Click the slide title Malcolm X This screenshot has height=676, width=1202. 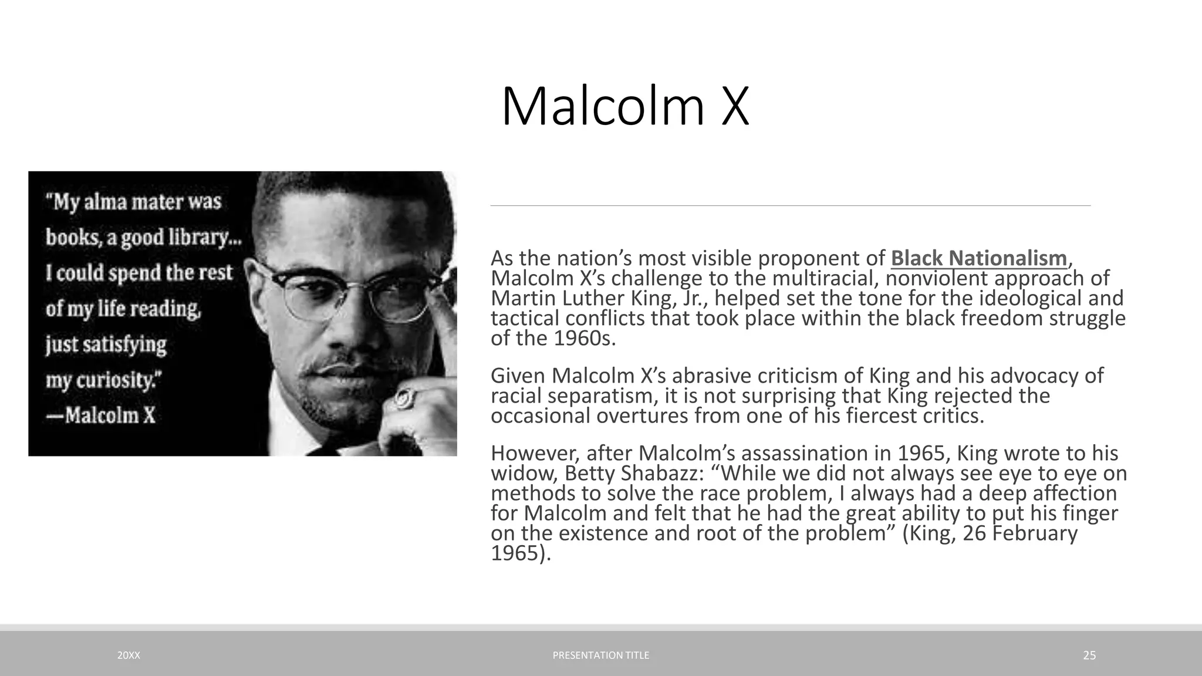pyautogui.click(x=625, y=107)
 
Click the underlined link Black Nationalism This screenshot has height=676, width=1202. pyautogui.click(x=978, y=258)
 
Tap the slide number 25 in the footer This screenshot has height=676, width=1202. pyautogui.click(x=1089, y=655)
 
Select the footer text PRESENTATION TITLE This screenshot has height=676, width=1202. pyautogui.click(x=601, y=655)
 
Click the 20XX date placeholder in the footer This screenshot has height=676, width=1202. pyautogui.click(x=129, y=655)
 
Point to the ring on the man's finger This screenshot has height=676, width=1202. pyautogui.click(x=404, y=399)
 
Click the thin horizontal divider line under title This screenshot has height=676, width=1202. pyautogui.click(x=790, y=206)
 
